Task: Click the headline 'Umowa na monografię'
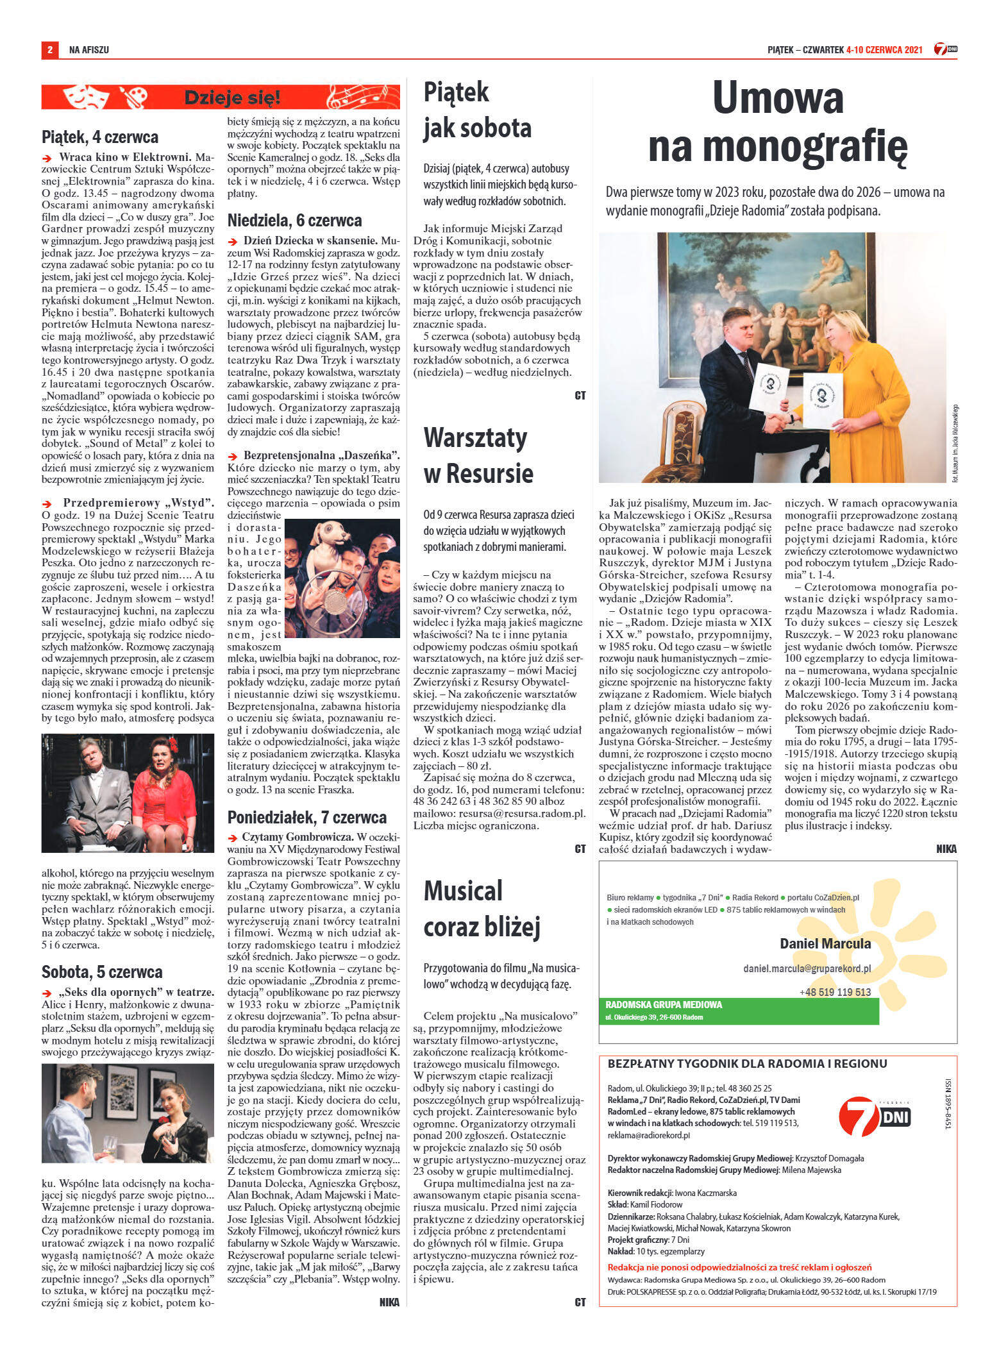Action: point(777,122)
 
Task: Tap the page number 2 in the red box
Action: point(50,49)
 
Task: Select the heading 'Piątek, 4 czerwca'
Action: point(100,137)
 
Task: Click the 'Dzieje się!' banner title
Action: point(232,98)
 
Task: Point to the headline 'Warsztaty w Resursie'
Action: point(478,455)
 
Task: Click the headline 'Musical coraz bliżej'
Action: point(482,908)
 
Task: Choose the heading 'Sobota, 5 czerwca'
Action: point(102,972)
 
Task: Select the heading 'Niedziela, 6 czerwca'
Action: point(294,220)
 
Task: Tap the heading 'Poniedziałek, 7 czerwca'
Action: point(307,817)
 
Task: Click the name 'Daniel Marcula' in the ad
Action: point(825,943)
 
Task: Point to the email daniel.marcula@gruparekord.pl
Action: point(807,968)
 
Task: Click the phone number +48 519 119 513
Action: point(835,992)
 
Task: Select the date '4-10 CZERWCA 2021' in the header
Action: point(884,49)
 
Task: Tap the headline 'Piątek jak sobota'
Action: point(477,110)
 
